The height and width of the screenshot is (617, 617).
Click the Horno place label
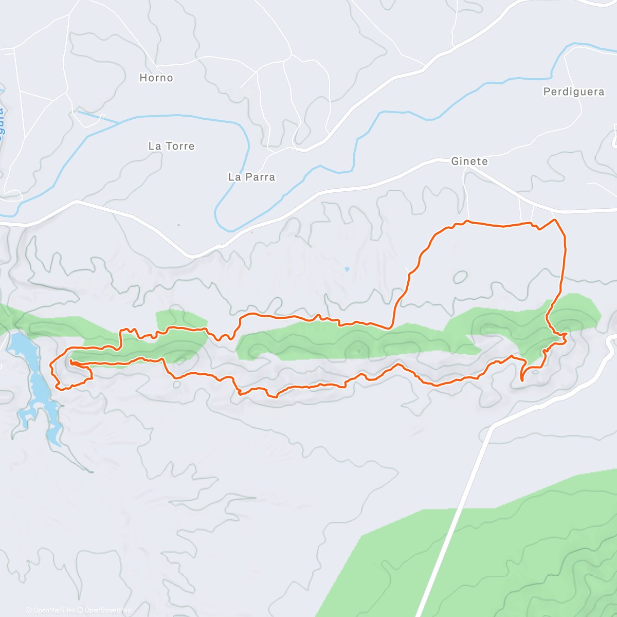156,78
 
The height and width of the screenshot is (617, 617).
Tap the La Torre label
171,146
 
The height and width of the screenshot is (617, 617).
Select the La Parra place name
251,177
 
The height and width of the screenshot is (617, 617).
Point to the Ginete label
469,161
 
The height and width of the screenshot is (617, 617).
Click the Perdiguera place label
573,92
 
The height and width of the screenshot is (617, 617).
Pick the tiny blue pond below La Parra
347,269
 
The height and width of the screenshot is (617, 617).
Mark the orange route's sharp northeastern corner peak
555,220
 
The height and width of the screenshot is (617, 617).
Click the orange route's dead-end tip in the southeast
522,380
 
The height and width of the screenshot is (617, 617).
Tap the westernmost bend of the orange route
50,365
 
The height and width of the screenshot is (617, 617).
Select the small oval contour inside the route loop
460,277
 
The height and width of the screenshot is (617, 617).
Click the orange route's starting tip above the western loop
70,362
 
